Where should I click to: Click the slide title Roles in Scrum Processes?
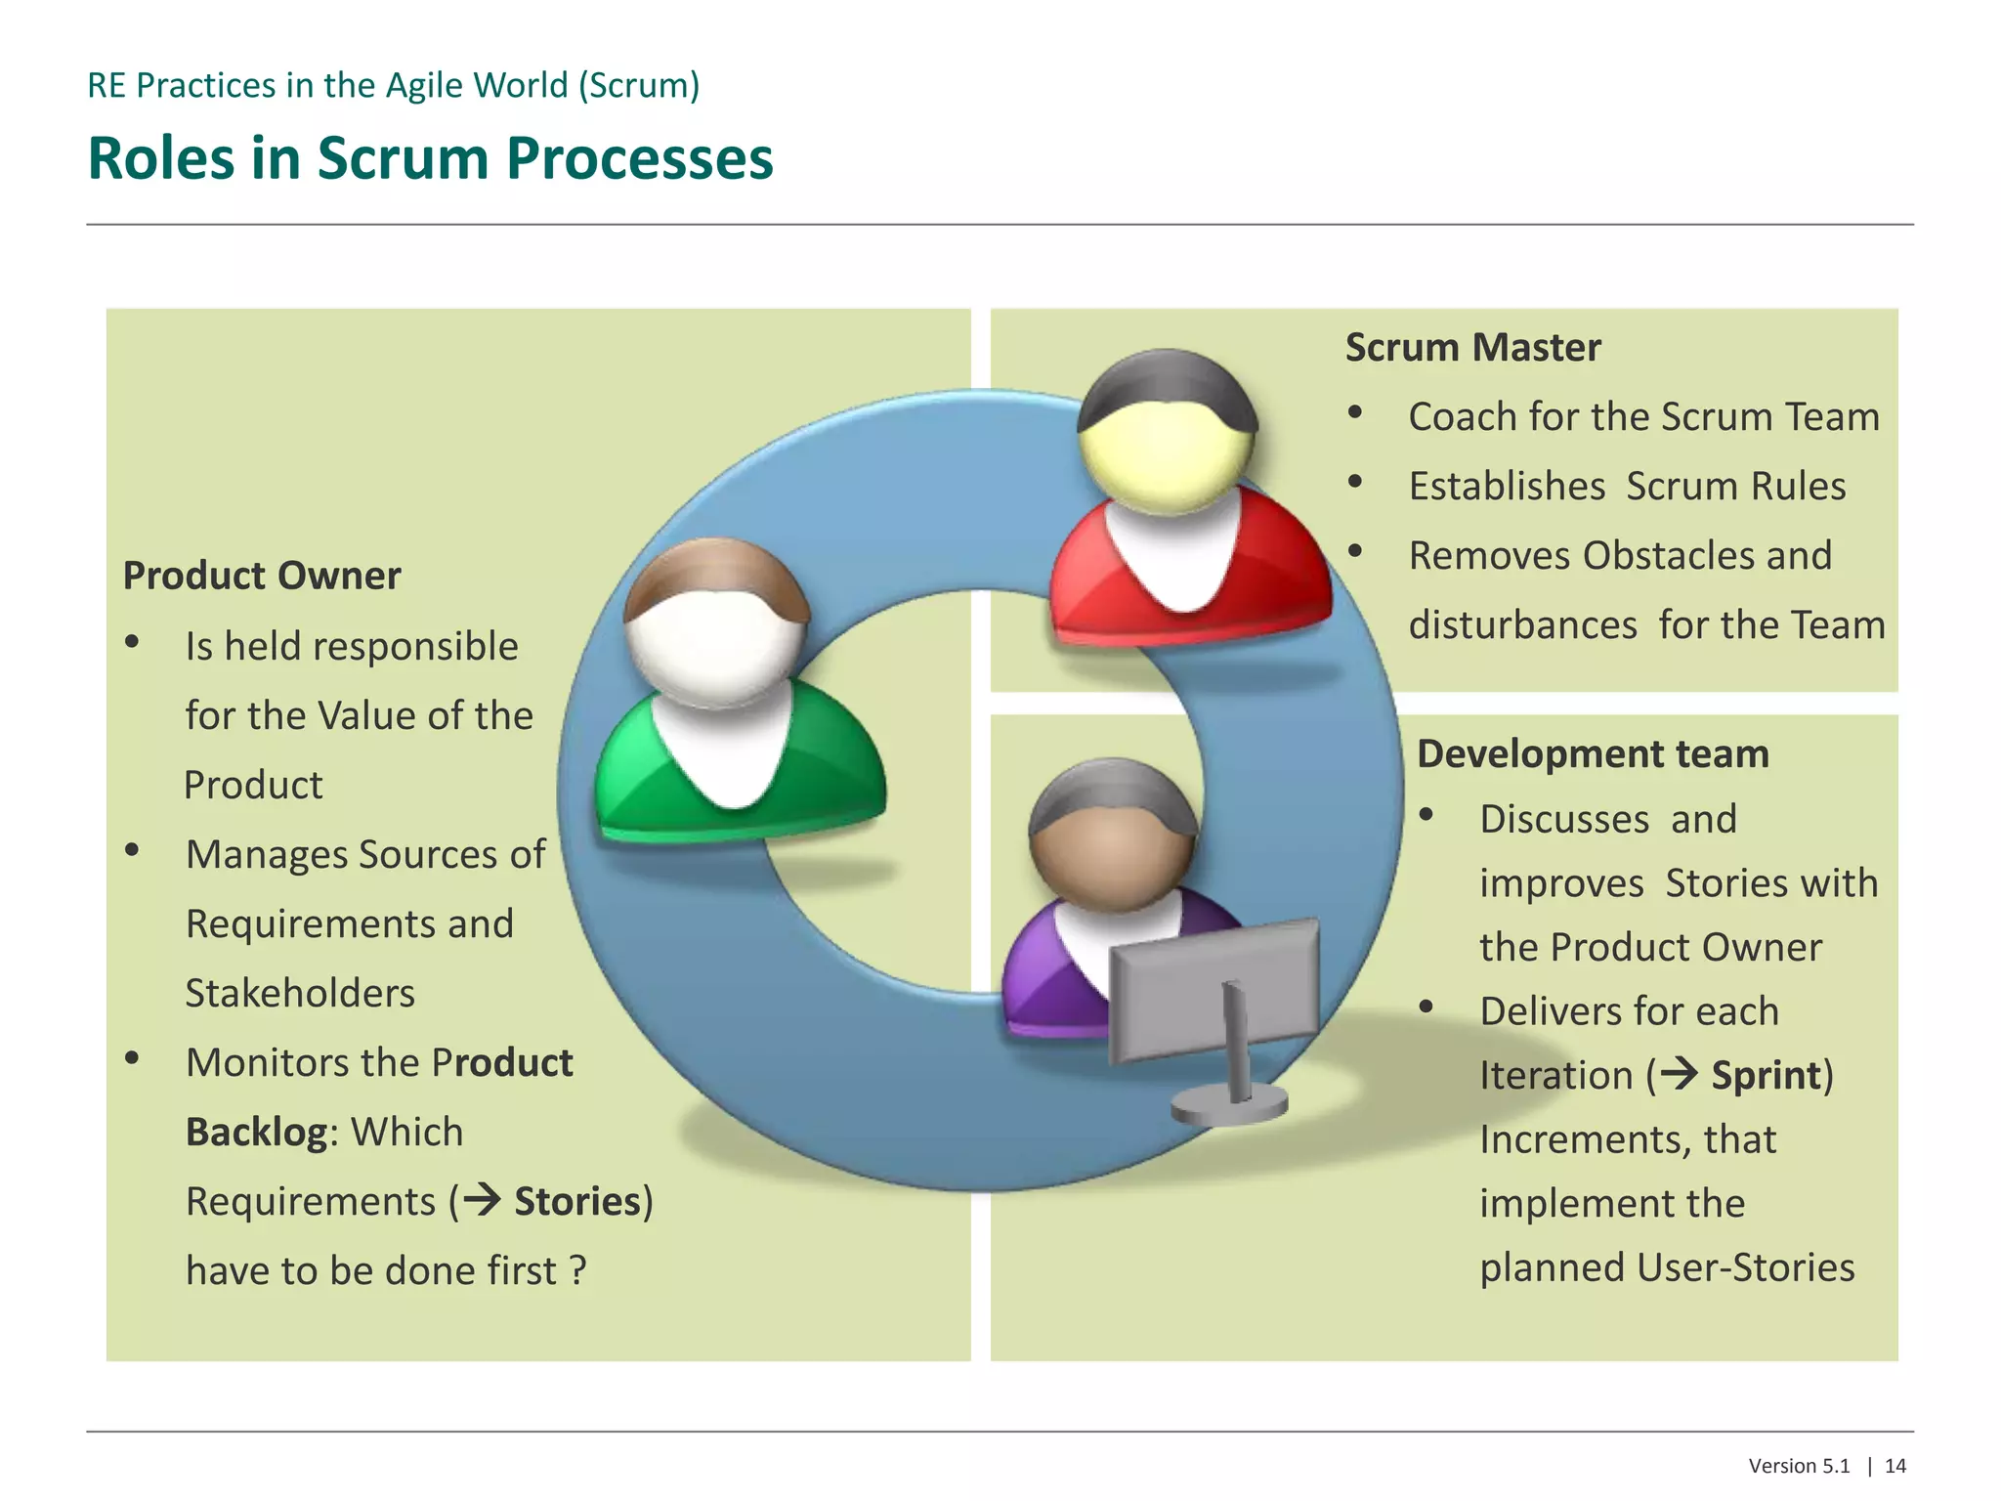click(430, 158)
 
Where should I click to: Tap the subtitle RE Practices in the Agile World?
click(393, 86)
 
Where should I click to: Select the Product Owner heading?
click(261, 576)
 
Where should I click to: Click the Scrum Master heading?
click(1472, 348)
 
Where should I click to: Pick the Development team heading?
click(1593, 754)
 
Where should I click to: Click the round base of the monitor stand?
click(1229, 1106)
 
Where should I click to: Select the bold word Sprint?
click(1767, 1075)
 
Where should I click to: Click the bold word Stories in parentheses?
click(576, 1201)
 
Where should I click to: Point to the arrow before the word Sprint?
click(1681, 1074)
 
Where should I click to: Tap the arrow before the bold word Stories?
click(483, 1200)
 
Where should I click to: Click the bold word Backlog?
click(256, 1132)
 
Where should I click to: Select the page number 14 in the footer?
click(1895, 1466)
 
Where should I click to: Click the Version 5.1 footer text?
click(1799, 1466)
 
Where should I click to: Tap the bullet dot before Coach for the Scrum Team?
click(1355, 412)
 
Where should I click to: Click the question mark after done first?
click(578, 1270)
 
